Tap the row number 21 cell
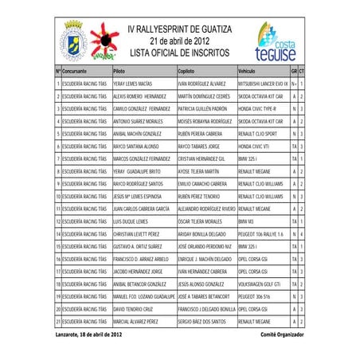58,321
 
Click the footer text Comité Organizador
282,335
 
